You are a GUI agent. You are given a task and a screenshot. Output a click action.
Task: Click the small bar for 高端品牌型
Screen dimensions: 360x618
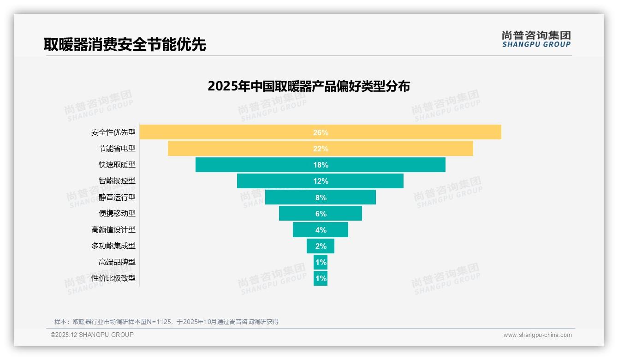[321, 262]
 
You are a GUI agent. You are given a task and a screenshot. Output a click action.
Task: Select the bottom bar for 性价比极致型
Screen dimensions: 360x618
[321, 278]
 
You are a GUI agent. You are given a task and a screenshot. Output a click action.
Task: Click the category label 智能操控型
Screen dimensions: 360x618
[117, 181]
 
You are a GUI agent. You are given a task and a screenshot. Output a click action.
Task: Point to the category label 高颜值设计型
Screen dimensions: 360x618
[113, 229]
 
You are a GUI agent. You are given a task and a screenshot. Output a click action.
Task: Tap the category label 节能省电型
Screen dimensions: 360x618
[117, 149]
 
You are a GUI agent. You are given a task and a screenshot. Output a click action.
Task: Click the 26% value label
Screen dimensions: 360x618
[321, 132]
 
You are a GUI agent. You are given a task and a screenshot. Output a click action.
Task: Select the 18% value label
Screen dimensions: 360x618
[321, 165]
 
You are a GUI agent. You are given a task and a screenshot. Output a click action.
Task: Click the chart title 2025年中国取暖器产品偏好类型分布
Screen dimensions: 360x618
[309, 86]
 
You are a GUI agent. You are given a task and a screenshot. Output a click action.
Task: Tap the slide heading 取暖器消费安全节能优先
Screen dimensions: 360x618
[125, 44]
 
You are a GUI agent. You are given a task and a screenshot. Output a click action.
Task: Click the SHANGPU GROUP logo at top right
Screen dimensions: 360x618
[536, 39]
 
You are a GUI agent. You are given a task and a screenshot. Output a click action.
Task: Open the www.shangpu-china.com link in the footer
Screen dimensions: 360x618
[537, 335]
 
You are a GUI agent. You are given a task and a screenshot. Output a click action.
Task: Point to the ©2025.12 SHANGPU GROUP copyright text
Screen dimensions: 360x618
[92, 335]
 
